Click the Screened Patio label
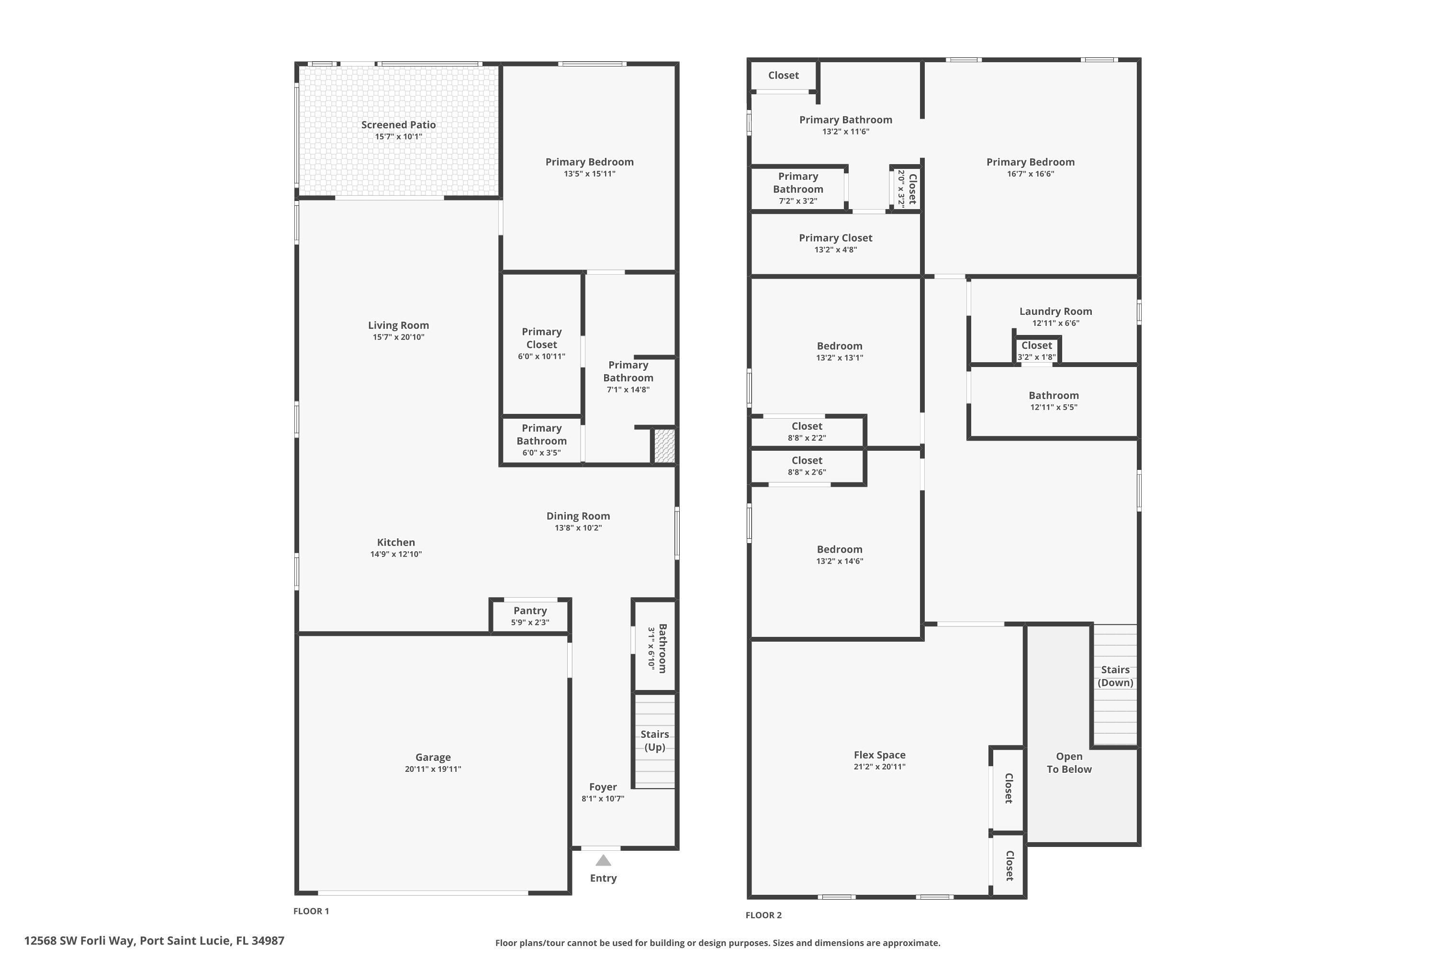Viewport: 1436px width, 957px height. [x=398, y=124]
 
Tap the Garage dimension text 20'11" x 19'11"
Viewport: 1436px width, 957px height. [x=432, y=769]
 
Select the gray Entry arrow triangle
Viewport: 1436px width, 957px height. [x=603, y=860]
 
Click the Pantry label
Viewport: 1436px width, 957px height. [x=530, y=611]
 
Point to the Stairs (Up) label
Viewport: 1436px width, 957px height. [x=654, y=740]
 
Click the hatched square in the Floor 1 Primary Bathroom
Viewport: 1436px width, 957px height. [x=664, y=445]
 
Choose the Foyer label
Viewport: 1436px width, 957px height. [x=603, y=787]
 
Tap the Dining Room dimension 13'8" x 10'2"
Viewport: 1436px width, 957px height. [x=578, y=528]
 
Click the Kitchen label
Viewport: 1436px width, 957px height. [x=396, y=542]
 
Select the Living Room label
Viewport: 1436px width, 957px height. [x=398, y=325]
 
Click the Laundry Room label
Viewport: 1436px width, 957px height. [x=1055, y=312]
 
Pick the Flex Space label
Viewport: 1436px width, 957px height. [x=879, y=755]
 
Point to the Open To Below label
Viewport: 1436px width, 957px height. [x=1069, y=763]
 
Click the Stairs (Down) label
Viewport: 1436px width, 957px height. [x=1115, y=676]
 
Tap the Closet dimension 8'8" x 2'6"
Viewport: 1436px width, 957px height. [x=807, y=472]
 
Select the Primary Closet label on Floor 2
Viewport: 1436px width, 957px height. [x=835, y=238]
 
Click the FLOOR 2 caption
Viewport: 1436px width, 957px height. [x=763, y=915]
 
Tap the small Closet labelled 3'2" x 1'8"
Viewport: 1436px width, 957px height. [x=1037, y=345]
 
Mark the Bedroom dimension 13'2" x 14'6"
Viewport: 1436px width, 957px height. [x=840, y=561]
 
